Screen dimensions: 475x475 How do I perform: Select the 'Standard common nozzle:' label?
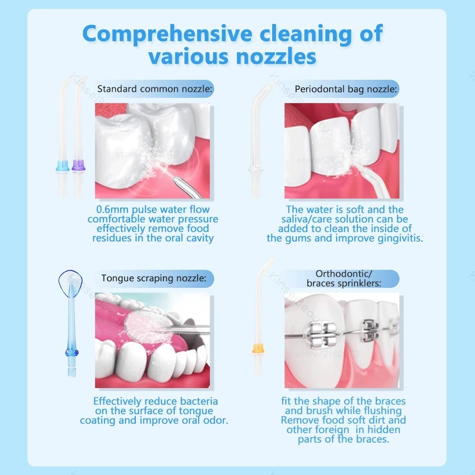point(155,89)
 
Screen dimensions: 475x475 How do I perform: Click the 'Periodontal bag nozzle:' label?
point(346,89)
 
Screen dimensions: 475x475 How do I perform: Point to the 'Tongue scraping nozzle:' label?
point(154,278)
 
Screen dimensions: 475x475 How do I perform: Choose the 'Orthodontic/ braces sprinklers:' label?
point(344,279)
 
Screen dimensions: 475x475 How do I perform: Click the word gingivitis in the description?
point(397,238)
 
